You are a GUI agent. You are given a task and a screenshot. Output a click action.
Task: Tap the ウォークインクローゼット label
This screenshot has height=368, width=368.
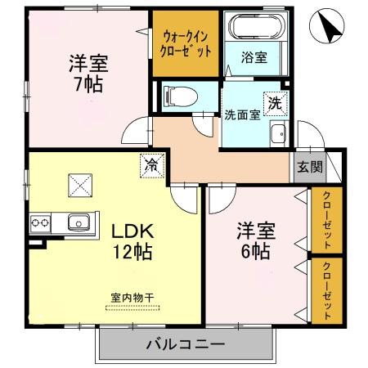187,43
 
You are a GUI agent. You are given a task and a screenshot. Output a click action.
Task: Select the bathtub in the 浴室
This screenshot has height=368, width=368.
254,29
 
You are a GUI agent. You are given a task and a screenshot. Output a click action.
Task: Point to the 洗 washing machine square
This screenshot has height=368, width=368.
276,104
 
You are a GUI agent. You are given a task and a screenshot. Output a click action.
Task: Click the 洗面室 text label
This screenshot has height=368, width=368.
243,114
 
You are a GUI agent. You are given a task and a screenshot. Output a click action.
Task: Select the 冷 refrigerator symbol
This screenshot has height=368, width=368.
151,164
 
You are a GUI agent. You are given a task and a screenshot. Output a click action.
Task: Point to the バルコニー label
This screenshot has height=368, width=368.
186,343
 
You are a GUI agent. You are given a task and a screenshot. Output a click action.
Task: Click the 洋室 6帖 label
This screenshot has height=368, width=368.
254,240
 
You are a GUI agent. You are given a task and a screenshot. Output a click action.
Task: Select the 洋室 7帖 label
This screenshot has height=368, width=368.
87,72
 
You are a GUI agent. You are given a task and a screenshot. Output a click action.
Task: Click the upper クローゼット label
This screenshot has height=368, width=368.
326,222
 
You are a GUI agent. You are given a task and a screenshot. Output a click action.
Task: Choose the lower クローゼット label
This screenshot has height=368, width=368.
326,290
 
